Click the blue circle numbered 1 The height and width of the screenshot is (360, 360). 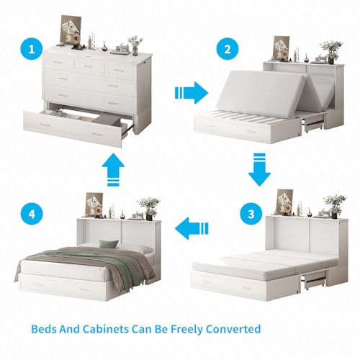click(32, 49)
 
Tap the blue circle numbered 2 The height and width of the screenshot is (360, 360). click(228, 49)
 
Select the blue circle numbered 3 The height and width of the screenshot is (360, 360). click(251, 214)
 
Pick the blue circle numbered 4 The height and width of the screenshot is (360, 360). click(32, 214)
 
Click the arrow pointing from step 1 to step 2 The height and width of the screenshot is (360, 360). click(192, 93)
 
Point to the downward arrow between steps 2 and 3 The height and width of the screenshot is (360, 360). click(259, 170)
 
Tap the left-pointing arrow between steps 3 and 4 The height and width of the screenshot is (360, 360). click(192, 228)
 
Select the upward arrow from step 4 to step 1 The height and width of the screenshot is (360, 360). click(113, 170)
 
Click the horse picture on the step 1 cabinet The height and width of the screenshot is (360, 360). click(71, 31)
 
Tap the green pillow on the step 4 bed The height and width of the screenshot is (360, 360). click(109, 244)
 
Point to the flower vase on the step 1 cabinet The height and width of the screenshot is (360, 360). click(135, 46)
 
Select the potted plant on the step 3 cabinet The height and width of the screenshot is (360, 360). click(334, 207)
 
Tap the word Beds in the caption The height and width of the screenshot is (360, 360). click(44, 329)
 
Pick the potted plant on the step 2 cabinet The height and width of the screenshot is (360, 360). click(331, 52)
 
